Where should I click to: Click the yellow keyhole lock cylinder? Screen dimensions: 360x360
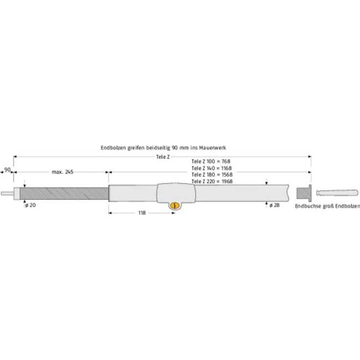(x=175, y=205)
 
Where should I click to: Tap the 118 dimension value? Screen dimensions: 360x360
(x=142, y=213)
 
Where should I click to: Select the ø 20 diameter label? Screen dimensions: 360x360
(x=30, y=205)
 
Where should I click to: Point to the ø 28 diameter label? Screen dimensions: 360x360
(x=274, y=205)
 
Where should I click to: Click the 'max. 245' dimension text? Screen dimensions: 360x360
(x=63, y=172)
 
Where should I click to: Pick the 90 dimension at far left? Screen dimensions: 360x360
(x=7, y=170)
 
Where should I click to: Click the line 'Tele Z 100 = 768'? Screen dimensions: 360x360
(x=211, y=161)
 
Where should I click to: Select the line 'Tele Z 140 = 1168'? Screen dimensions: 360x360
(x=212, y=168)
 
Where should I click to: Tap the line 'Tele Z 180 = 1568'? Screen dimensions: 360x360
(x=212, y=175)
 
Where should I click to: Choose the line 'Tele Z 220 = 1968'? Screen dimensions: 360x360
(x=212, y=181)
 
